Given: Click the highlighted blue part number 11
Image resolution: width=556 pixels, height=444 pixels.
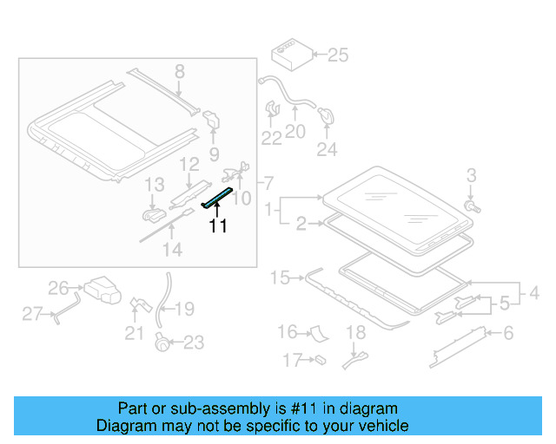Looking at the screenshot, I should pos(218,197).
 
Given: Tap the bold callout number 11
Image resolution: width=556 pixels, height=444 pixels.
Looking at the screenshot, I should pos(217,226).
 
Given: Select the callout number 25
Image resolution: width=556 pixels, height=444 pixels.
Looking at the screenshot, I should pos(336,55).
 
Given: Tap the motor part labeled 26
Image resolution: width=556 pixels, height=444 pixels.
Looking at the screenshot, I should pos(101,289).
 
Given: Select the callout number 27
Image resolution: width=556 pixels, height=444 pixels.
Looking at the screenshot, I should pos(32,314).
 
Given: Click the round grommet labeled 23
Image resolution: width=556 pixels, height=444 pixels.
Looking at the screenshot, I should pos(161,343).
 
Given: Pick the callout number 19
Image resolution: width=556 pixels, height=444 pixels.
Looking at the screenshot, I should pos(186,309).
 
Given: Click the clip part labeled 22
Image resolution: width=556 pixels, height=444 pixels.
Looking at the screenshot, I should pos(271,111).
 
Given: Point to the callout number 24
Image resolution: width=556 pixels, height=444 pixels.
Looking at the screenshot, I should pos(326,149).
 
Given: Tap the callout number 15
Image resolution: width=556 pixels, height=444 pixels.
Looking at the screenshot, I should pos(279,277).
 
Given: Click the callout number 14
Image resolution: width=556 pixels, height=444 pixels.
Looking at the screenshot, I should pos(173,250).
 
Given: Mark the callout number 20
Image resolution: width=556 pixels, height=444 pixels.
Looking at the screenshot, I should pos(295,132).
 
